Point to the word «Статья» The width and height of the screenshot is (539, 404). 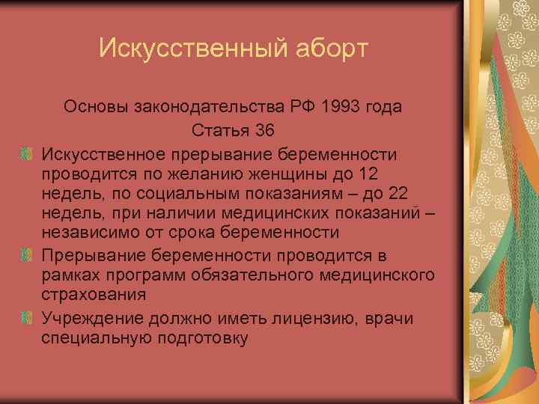point(219,130)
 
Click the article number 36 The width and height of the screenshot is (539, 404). point(264,130)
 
